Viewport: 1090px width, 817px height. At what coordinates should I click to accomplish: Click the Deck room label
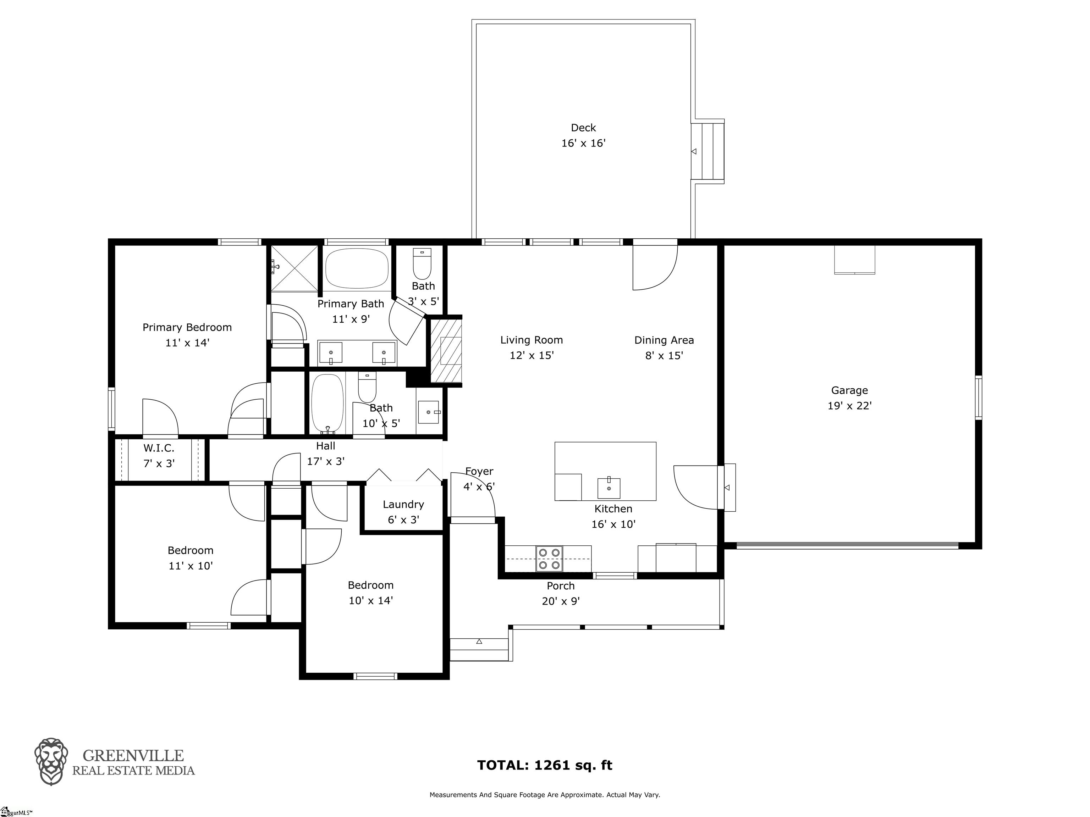pyautogui.click(x=583, y=128)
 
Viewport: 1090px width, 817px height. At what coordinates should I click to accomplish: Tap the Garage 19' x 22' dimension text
pyautogui.click(x=849, y=406)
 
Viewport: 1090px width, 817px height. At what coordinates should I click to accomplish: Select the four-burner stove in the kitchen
pyautogui.click(x=549, y=559)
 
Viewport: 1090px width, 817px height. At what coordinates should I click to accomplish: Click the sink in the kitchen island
pyautogui.click(x=609, y=488)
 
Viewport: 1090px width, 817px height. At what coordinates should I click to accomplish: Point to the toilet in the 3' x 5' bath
pyautogui.click(x=422, y=264)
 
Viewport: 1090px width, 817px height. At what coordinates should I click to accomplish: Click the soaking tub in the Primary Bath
pyautogui.click(x=357, y=268)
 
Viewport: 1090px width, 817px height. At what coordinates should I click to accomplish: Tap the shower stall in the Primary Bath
pyautogui.click(x=294, y=269)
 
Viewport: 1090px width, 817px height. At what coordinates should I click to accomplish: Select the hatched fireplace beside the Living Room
pyautogui.click(x=446, y=351)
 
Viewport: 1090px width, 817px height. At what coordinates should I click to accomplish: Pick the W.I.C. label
pyautogui.click(x=159, y=448)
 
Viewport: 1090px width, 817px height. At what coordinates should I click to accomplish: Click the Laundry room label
pyautogui.click(x=403, y=504)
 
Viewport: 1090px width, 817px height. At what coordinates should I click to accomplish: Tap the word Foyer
pyautogui.click(x=479, y=471)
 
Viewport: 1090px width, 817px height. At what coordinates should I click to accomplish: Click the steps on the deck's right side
pyautogui.click(x=707, y=151)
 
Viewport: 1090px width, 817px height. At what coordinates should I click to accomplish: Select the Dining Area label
pyautogui.click(x=664, y=340)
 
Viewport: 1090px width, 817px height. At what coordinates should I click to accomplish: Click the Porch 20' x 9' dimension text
pyautogui.click(x=561, y=601)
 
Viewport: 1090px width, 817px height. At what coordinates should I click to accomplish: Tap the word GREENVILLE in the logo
pyautogui.click(x=133, y=755)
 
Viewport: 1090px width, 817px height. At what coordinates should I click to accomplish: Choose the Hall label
pyautogui.click(x=325, y=446)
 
